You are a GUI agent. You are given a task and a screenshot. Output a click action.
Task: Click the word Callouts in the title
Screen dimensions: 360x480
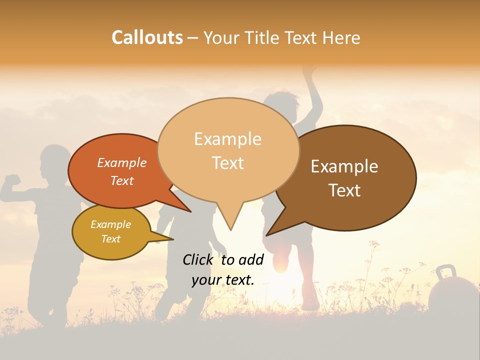click(x=147, y=38)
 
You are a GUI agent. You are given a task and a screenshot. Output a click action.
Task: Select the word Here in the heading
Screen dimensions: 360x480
click(x=342, y=38)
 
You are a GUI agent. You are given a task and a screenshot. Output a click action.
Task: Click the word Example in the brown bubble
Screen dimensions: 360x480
click(x=344, y=166)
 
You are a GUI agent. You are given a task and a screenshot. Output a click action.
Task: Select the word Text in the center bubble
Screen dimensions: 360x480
click(x=228, y=163)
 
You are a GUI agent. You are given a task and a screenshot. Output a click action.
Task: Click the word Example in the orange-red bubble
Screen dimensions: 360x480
click(x=122, y=163)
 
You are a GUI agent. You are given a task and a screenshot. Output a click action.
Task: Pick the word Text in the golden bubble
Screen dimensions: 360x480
click(x=110, y=239)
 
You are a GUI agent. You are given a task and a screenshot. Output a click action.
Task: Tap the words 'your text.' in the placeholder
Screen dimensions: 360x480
click(x=223, y=280)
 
